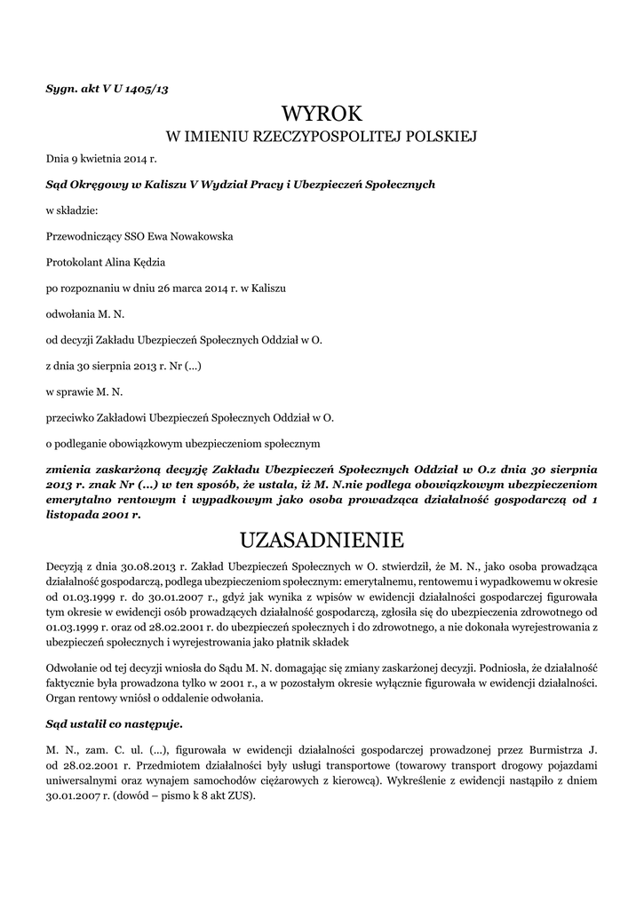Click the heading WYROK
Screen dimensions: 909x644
(x=322, y=114)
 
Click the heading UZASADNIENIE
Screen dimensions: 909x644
(x=322, y=540)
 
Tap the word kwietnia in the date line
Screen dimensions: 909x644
(x=99, y=159)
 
